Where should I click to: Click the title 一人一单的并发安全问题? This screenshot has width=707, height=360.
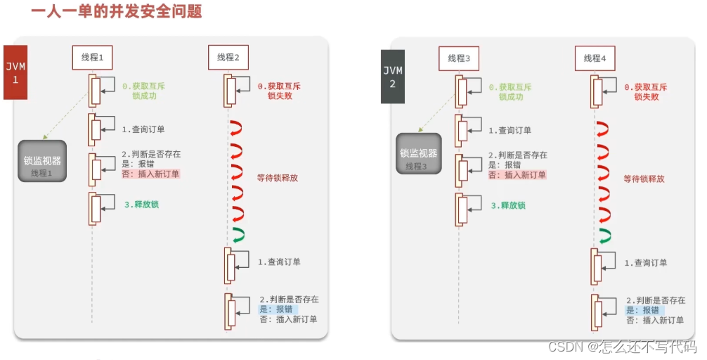point(117,12)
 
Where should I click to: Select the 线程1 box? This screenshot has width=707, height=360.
point(92,58)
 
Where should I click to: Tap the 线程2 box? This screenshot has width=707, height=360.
point(228,58)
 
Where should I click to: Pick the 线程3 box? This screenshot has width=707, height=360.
point(459,58)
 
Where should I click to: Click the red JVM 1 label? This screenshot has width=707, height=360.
point(15,72)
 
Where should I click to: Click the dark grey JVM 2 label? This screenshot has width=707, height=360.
point(393,77)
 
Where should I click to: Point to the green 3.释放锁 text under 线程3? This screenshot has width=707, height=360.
point(510,205)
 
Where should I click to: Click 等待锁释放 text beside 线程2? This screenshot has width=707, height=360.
point(278,178)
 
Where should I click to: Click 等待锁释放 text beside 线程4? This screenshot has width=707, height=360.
point(644,179)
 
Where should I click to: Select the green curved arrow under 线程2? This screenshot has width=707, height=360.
point(236,234)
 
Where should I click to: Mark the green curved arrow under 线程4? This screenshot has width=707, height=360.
point(603,235)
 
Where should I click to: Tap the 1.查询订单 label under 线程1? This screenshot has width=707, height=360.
point(143,130)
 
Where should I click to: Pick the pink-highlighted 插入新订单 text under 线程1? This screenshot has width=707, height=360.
point(157,174)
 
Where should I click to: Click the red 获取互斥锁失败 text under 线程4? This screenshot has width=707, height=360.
point(645,91)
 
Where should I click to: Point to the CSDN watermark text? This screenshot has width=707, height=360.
point(621,347)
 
